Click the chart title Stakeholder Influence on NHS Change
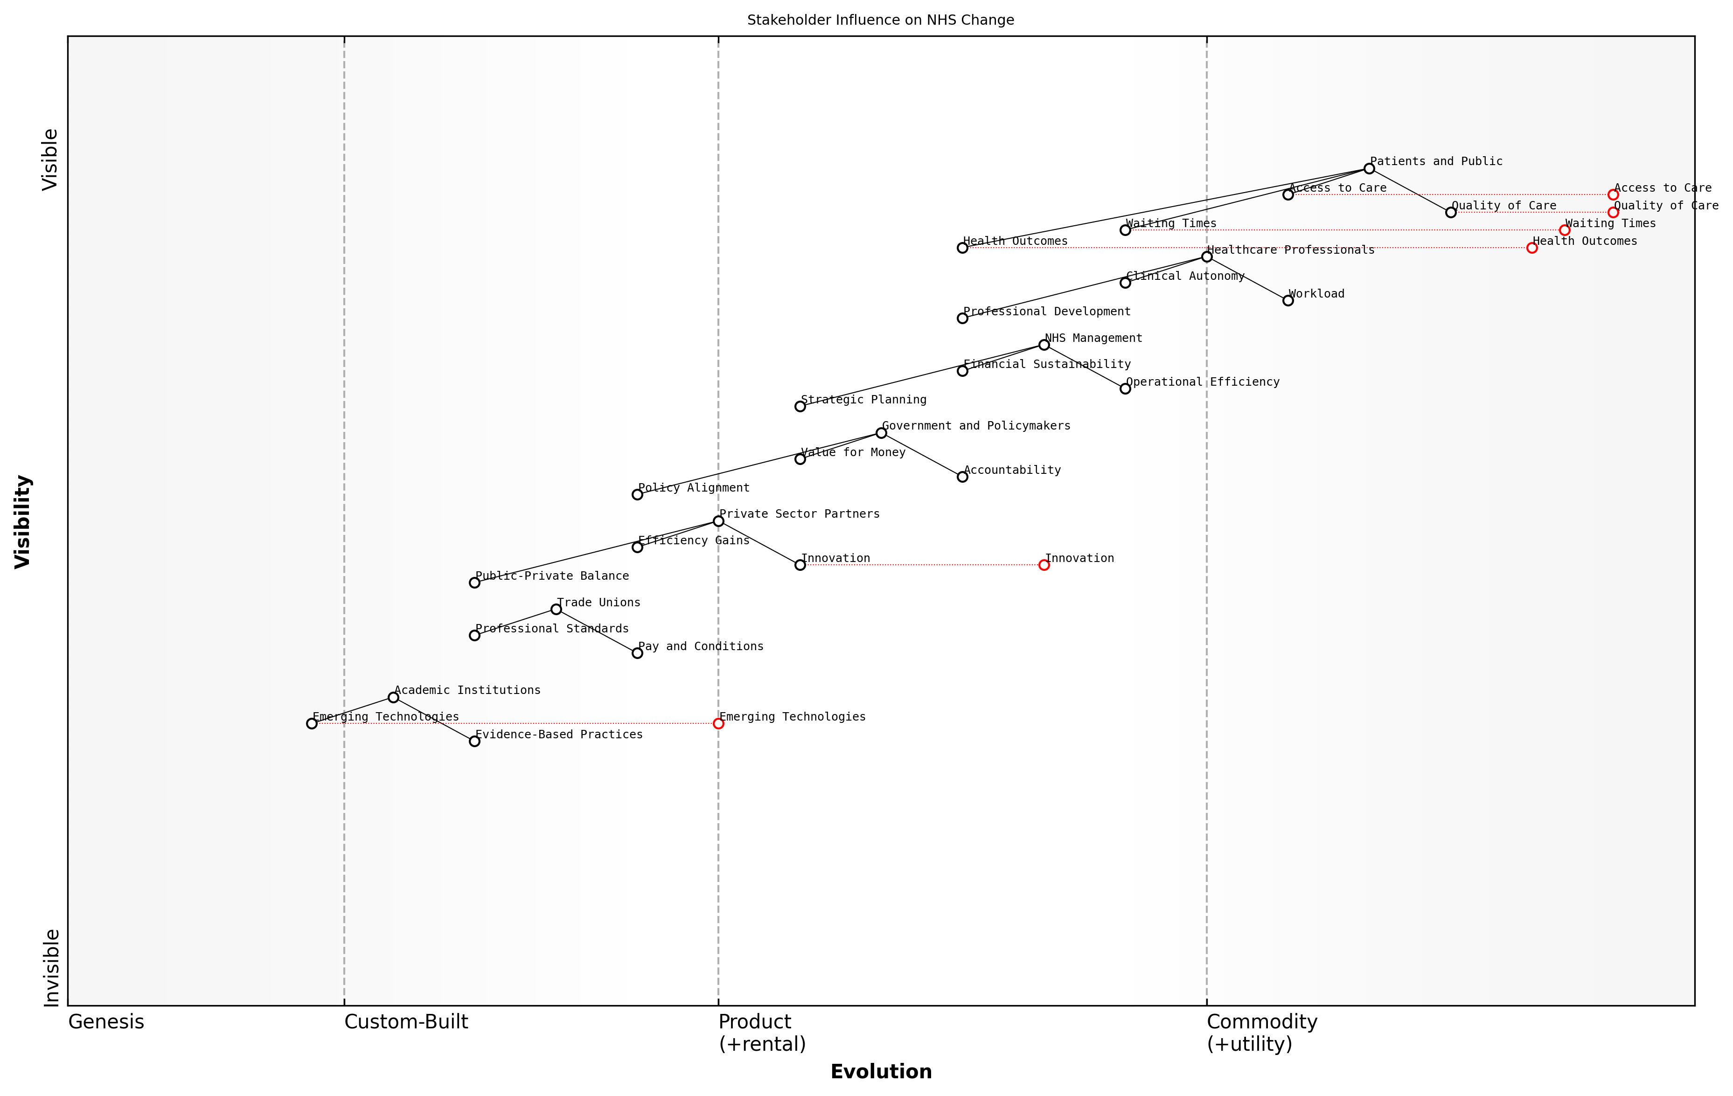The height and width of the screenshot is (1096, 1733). point(880,20)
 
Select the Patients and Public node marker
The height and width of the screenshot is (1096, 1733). point(1369,168)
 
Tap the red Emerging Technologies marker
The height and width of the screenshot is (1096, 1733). point(718,723)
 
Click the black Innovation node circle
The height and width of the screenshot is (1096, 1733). point(800,565)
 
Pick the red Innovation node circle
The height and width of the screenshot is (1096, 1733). point(1044,565)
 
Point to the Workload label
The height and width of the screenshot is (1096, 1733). point(1316,294)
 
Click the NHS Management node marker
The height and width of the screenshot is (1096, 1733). point(1044,345)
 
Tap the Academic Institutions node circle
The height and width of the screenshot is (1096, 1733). point(393,697)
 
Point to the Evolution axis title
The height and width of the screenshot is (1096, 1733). point(880,1072)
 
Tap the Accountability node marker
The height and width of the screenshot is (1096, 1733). point(962,476)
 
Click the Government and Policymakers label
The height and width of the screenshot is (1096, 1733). point(976,426)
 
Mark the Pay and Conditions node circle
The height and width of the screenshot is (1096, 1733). point(637,653)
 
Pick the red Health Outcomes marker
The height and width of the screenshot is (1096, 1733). point(1531,248)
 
